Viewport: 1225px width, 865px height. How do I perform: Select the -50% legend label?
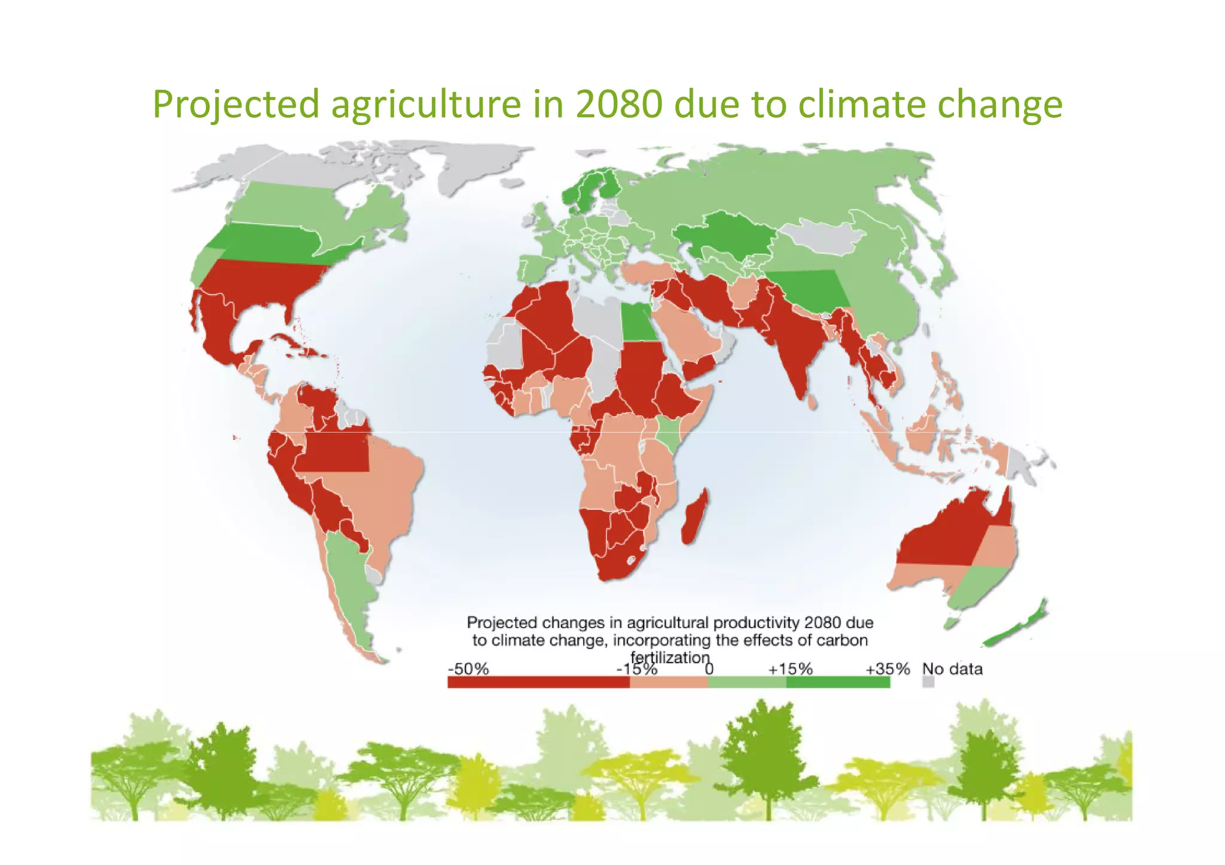click(x=468, y=669)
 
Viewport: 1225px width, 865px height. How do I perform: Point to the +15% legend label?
click(x=790, y=669)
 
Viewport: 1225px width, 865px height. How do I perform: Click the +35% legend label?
click(x=888, y=669)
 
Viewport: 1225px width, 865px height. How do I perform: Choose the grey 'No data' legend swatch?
click(x=928, y=682)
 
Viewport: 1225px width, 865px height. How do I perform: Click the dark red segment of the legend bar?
click(x=538, y=683)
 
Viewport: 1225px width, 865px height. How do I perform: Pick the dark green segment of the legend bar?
click(x=837, y=683)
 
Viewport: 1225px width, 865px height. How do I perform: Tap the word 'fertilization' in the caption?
click(x=670, y=658)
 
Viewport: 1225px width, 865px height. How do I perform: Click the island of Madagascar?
click(x=694, y=517)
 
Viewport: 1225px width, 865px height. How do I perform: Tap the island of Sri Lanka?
click(x=812, y=402)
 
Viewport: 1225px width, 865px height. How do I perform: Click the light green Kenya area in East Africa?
click(x=668, y=433)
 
